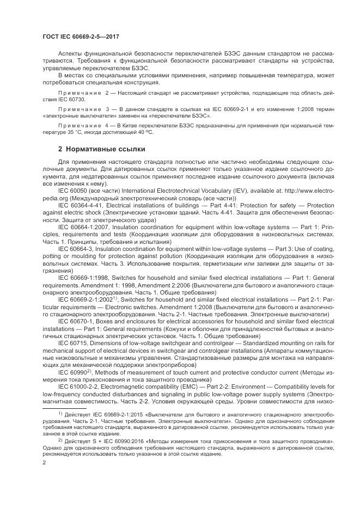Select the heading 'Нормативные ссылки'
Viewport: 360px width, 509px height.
click(x=104, y=149)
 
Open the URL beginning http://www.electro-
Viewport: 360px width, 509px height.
click(x=292, y=192)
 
